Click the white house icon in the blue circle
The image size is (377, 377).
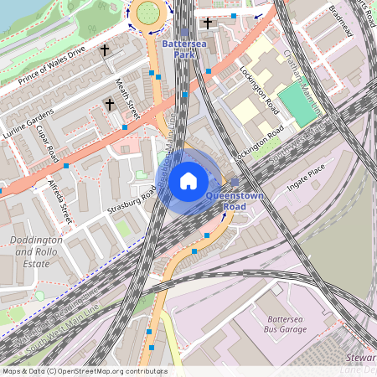[x=188, y=181]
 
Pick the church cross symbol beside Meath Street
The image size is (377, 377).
[x=110, y=105]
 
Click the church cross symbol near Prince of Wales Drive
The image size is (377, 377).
[x=105, y=50]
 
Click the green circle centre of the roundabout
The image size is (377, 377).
[x=147, y=12]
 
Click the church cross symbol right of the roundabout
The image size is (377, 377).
[x=208, y=23]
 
